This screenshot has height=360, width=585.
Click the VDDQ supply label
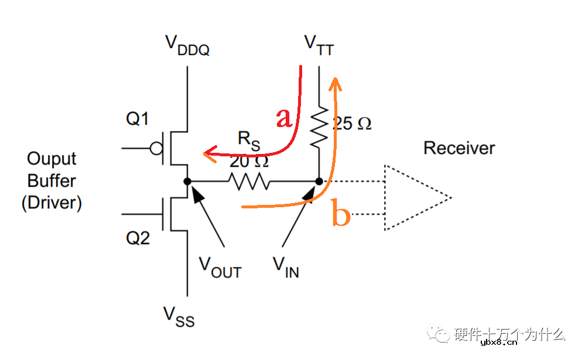(x=187, y=46)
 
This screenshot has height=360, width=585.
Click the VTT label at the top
(x=319, y=46)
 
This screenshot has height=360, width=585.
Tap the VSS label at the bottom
(x=179, y=317)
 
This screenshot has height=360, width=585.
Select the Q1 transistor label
(x=137, y=119)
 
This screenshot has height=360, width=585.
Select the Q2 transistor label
(x=137, y=238)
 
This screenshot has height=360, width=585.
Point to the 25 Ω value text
(x=351, y=124)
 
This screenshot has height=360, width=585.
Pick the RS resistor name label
(x=249, y=140)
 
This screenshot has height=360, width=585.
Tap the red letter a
(x=283, y=118)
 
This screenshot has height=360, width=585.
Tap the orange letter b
(x=341, y=214)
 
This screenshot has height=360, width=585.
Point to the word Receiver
(x=459, y=148)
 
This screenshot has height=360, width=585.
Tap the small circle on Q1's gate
(x=156, y=149)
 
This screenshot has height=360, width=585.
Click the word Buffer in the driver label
(x=52, y=181)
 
